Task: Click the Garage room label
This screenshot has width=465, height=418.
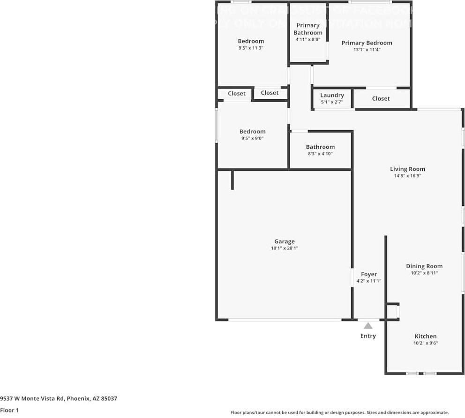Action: pyautogui.click(x=285, y=242)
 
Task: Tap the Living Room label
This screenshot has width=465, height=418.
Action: pyautogui.click(x=407, y=169)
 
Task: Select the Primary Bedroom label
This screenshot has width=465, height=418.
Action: pyautogui.click(x=367, y=43)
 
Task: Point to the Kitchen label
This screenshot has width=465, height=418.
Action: pyautogui.click(x=425, y=336)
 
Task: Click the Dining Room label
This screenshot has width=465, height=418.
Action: pyautogui.click(x=424, y=266)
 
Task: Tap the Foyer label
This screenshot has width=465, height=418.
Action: pyautogui.click(x=368, y=274)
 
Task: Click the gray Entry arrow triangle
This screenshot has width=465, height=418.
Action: pyautogui.click(x=368, y=326)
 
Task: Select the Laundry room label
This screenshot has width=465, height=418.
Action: pyautogui.click(x=332, y=95)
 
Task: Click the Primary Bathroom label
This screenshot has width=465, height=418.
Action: pyautogui.click(x=308, y=29)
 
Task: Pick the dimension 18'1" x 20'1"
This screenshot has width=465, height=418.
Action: pyautogui.click(x=285, y=249)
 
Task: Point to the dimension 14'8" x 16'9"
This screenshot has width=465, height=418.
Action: pyautogui.click(x=407, y=176)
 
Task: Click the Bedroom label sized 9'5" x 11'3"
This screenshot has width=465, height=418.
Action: pyautogui.click(x=251, y=41)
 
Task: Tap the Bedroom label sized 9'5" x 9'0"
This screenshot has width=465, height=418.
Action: pyautogui.click(x=252, y=132)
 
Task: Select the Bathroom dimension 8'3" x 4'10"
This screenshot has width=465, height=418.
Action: pyautogui.click(x=320, y=154)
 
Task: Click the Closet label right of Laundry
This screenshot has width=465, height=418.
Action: pyautogui.click(x=381, y=99)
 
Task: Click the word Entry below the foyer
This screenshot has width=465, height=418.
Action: pyautogui.click(x=368, y=336)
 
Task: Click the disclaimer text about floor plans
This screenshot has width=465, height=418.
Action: pyautogui.click(x=339, y=412)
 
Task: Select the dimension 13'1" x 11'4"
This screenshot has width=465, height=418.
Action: pyautogui.click(x=367, y=50)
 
